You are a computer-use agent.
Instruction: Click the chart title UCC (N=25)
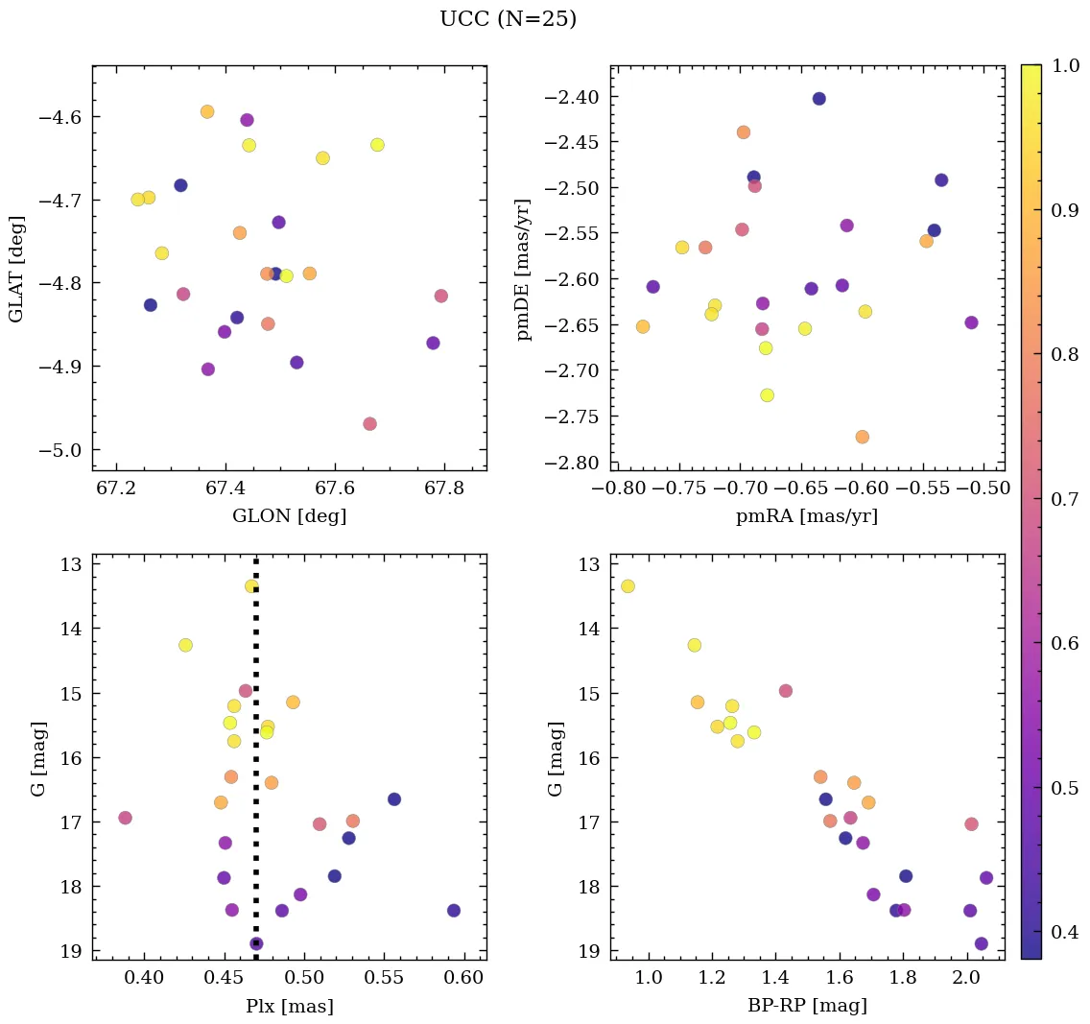click(x=508, y=19)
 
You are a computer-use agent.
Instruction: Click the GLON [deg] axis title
click(x=289, y=516)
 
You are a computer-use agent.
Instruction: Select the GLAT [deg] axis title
click(x=16, y=268)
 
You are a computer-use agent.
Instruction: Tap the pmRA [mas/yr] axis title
click(x=806, y=516)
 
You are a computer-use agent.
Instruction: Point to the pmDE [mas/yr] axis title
click(x=523, y=268)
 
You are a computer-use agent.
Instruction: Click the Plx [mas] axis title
click(x=289, y=1006)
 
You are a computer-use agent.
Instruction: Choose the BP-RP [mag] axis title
click(x=806, y=1006)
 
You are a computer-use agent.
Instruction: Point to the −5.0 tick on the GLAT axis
click(x=61, y=450)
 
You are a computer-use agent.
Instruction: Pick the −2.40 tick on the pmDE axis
click(x=573, y=97)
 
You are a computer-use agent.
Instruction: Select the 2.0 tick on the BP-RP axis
click(x=966, y=978)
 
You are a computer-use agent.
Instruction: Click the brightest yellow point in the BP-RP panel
click(x=628, y=586)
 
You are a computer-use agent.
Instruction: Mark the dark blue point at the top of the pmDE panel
click(x=818, y=99)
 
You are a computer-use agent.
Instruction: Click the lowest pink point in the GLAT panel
click(x=369, y=424)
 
